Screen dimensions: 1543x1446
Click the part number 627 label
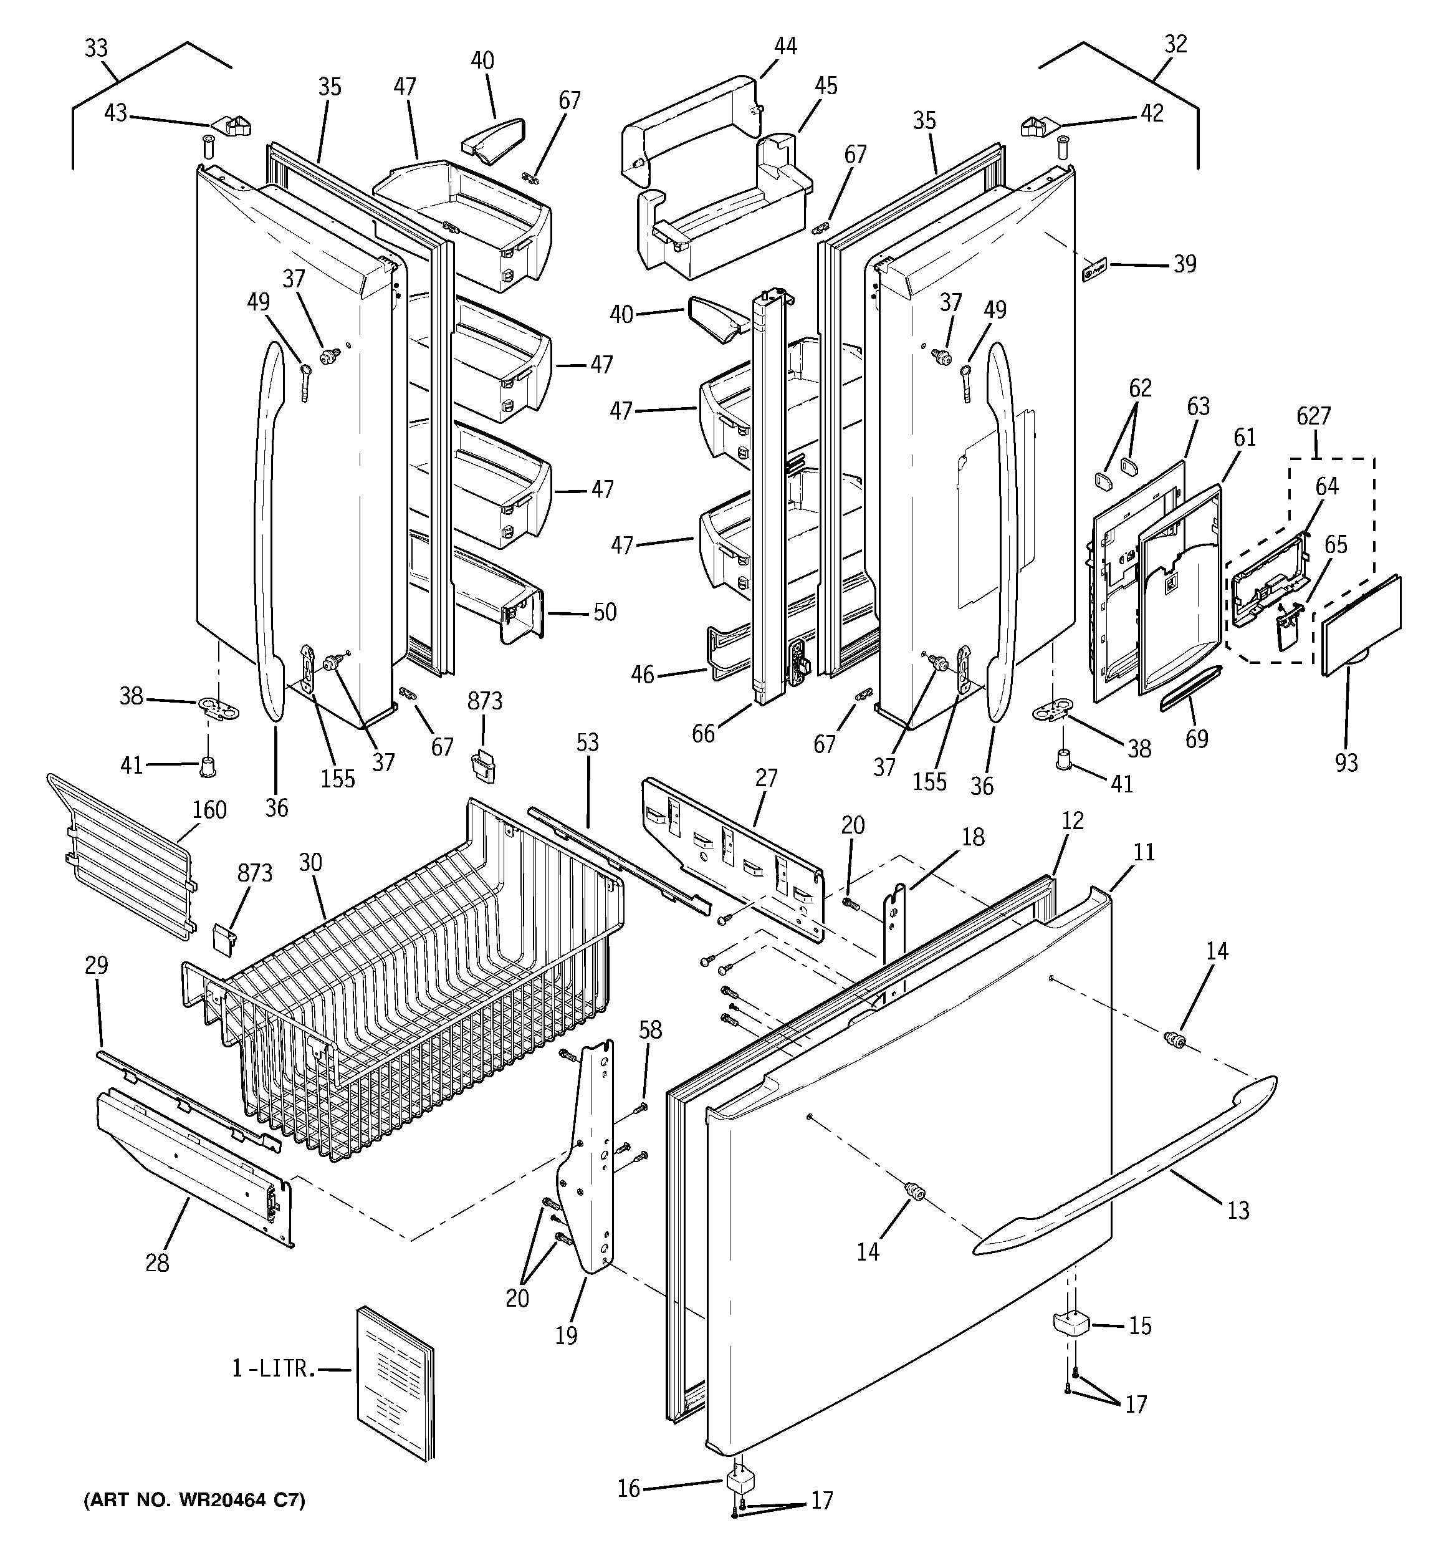click(x=1313, y=417)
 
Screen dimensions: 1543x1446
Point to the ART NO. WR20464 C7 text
click(x=194, y=1501)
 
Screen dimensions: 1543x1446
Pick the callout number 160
click(x=209, y=810)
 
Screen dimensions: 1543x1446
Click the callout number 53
click(x=588, y=743)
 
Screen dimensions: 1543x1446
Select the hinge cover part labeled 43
click(x=232, y=125)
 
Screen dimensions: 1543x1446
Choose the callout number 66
click(x=703, y=733)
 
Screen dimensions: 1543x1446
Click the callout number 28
click(x=157, y=1264)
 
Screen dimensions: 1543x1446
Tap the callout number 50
click(x=605, y=612)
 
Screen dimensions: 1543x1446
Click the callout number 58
click(x=651, y=1030)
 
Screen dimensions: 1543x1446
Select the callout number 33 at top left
click(x=96, y=48)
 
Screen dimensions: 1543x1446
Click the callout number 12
click(x=1073, y=820)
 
